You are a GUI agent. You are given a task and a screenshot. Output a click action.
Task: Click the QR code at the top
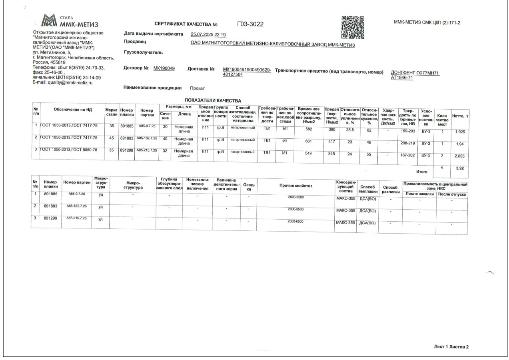coord(353,27)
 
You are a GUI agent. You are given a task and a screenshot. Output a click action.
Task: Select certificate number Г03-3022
coord(250,24)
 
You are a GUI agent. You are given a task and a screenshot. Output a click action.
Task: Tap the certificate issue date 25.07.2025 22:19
coord(208,35)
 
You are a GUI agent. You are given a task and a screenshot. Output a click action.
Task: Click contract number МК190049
coord(164,68)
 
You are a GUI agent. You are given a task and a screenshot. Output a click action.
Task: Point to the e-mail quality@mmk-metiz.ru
coord(62,82)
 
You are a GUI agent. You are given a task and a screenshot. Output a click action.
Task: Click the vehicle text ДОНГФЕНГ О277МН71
coord(415,73)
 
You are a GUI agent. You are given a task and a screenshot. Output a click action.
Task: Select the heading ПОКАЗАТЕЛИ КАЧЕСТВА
coord(213,100)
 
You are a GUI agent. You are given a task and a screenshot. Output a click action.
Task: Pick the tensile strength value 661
coord(308,141)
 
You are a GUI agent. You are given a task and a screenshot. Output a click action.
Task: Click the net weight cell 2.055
coord(459,156)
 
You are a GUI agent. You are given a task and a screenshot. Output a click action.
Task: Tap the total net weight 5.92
coord(459,168)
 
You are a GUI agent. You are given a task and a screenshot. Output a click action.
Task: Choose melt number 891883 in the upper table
coord(126,138)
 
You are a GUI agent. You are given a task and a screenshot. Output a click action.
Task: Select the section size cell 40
coord(165,139)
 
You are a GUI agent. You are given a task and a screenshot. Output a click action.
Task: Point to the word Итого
coord(421,172)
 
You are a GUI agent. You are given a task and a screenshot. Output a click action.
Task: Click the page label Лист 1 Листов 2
coord(451,347)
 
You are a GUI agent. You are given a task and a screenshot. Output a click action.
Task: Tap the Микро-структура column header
coord(133,185)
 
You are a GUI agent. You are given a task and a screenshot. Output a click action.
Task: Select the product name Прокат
coord(197,88)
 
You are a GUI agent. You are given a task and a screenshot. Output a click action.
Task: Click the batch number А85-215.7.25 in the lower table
coord(76,218)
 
